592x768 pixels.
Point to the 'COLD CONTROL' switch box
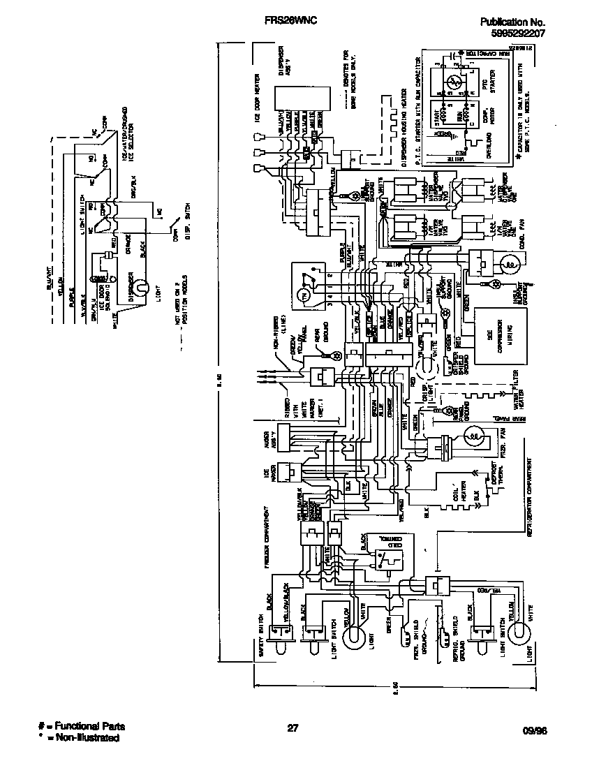(386, 556)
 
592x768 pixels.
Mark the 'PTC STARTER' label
(488, 86)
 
